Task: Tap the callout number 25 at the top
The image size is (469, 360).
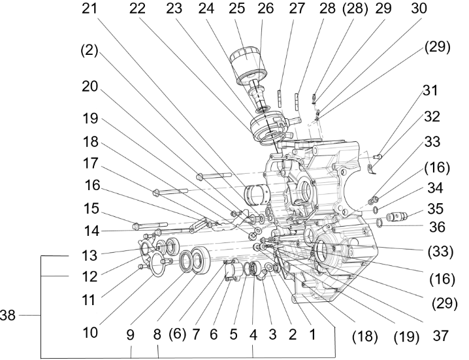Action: point(236,10)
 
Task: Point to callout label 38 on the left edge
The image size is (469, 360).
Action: point(9,314)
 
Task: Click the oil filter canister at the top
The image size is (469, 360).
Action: point(247,63)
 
